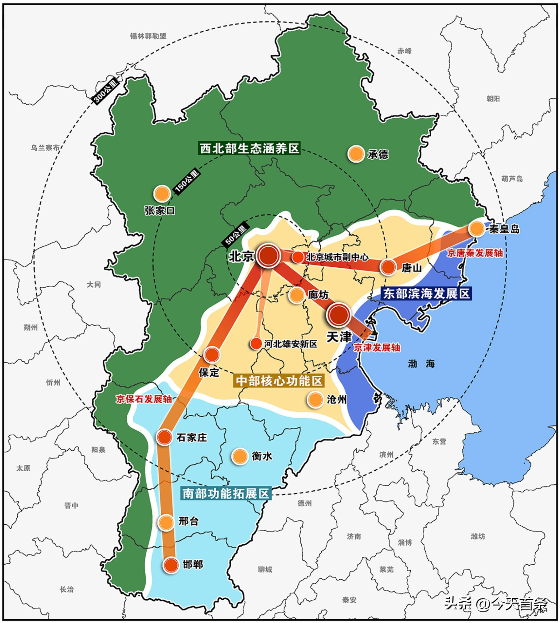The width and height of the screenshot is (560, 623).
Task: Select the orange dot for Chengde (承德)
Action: click(356, 153)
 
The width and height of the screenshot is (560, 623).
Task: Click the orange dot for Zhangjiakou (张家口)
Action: click(162, 194)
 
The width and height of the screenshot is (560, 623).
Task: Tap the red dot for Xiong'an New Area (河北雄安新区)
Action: click(256, 343)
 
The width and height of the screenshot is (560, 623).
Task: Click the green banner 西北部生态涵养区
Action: click(249, 148)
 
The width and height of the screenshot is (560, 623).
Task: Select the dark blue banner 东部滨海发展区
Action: click(426, 294)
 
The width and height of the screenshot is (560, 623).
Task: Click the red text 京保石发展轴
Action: click(144, 399)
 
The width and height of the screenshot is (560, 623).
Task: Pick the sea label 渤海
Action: click(421, 364)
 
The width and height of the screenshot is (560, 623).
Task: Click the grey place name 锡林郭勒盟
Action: click(148, 36)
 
